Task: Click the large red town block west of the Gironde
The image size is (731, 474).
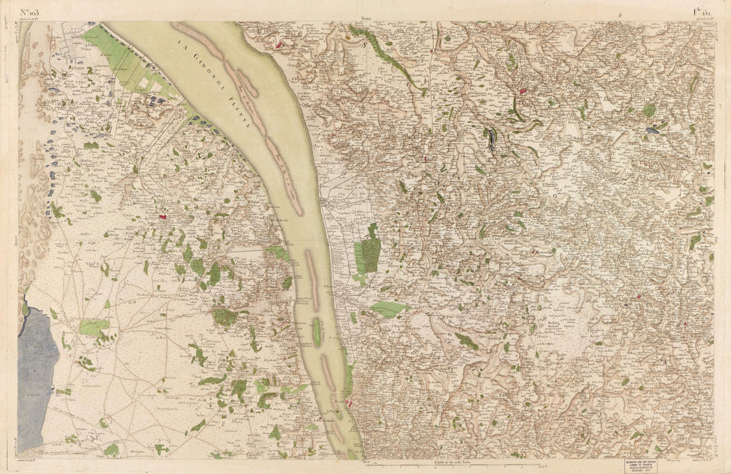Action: (x=161, y=216)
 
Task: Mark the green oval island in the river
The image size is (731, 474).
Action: (x=317, y=330)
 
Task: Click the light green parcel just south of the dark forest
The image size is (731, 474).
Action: (x=389, y=308)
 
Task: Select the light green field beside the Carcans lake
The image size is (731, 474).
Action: (x=94, y=327)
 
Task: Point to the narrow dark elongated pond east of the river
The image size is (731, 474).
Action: (x=492, y=139)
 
